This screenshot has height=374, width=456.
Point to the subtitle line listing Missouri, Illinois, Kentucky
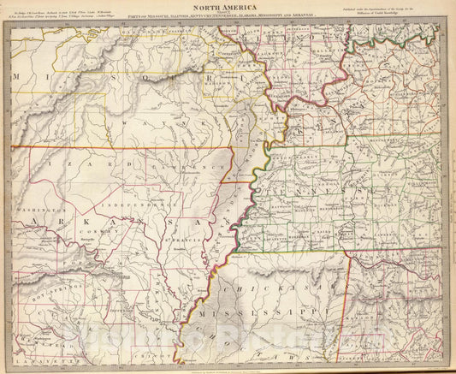pyautogui.click(x=226, y=15)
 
